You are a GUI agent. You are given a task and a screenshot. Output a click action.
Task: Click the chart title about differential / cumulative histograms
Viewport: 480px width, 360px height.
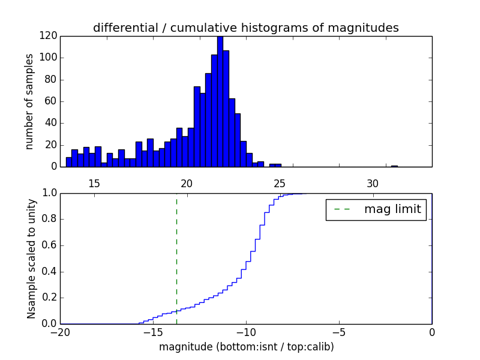(x=245, y=28)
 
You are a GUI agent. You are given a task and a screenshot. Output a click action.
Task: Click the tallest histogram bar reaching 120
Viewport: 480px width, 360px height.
(x=220, y=102)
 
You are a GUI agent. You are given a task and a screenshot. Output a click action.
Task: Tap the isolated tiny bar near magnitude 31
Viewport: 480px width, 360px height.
(x=394, y=166)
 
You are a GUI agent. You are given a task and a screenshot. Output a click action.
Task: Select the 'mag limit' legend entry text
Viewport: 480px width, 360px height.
(x=392, y=209)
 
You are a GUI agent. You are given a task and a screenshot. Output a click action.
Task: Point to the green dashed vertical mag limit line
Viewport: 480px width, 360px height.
(x=176, y=258)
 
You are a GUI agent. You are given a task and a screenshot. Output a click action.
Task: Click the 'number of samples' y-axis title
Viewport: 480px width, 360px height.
(x=29, y=101)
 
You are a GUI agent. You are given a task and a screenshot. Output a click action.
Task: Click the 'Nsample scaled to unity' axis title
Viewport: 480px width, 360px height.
(x=31, y=258)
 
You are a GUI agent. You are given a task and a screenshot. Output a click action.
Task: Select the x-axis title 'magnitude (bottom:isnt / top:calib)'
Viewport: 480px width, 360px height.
(x=246, y=347)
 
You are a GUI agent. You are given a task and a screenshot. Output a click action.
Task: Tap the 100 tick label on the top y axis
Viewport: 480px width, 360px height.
(x=49, y=58)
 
